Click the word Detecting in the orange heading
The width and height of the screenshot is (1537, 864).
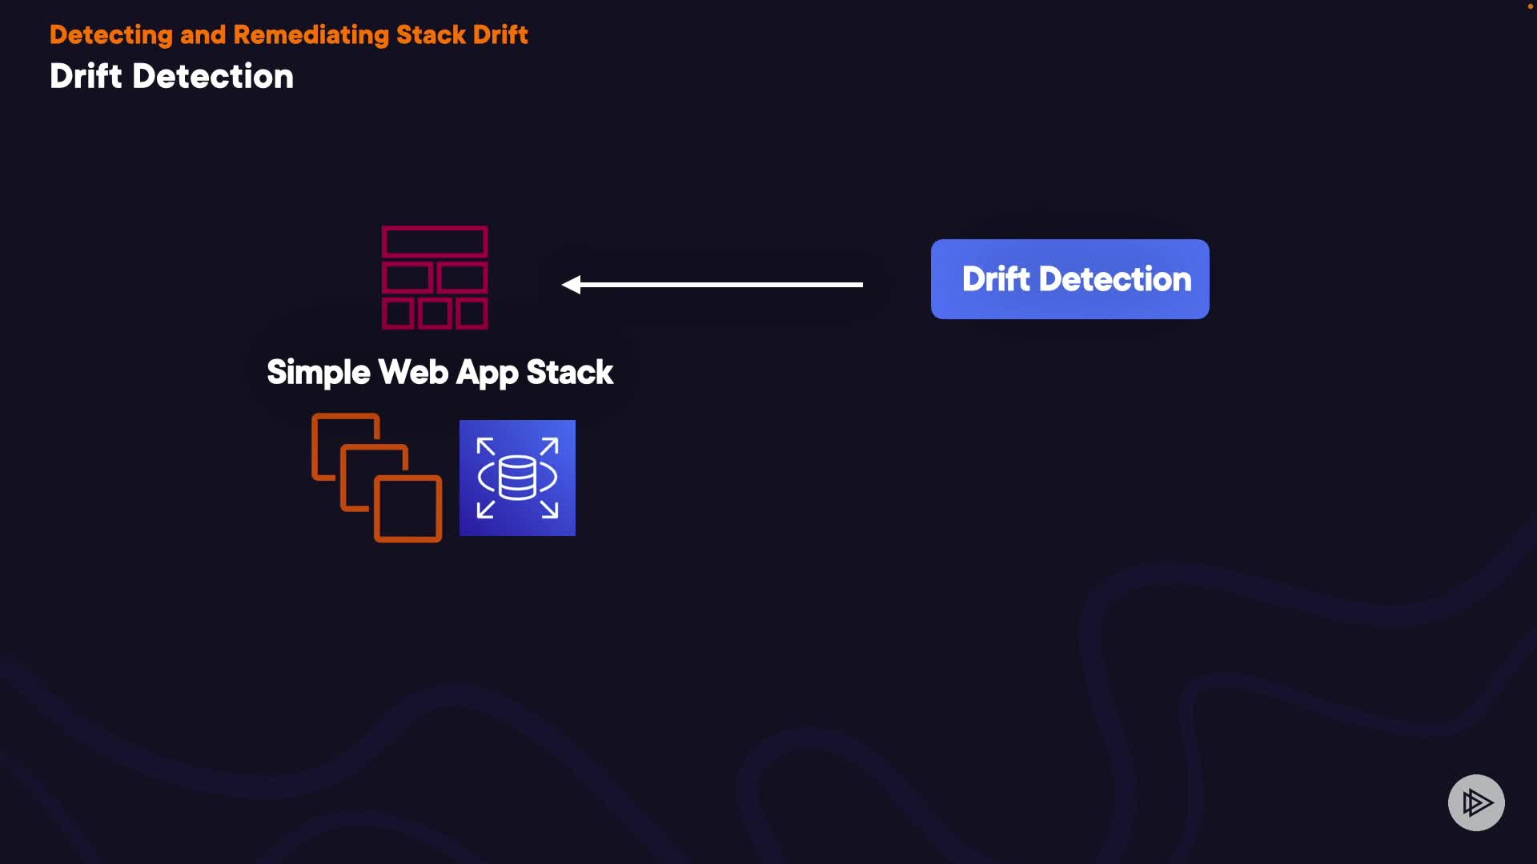(x=110, y=35)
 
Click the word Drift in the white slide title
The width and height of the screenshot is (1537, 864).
(x=86, y=77)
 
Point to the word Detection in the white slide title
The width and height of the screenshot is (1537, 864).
(x=213, y=77)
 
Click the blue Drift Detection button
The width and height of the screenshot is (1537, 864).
(x=1069, y=279)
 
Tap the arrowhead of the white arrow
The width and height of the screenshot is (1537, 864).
(x=572, y=285)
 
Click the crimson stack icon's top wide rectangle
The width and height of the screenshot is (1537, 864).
(x=435, y=242)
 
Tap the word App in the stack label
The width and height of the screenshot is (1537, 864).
(x=488, y=373)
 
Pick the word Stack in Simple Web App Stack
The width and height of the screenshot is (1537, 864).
(x=569, y=373)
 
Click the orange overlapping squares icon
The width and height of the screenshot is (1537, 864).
(x=376, y=478)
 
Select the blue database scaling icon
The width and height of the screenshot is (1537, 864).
(x=517, y=478)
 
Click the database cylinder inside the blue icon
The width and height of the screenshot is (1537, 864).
(x=517, y=478)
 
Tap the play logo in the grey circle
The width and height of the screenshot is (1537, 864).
(x=1476, y=802)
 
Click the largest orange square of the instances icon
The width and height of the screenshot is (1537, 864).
(x=408, y=509)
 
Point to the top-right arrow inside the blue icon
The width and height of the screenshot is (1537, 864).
(x=549, y=446)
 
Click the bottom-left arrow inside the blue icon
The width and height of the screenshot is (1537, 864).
(x=485, y=510)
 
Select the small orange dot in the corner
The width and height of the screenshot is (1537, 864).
(x=1530, y=6)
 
